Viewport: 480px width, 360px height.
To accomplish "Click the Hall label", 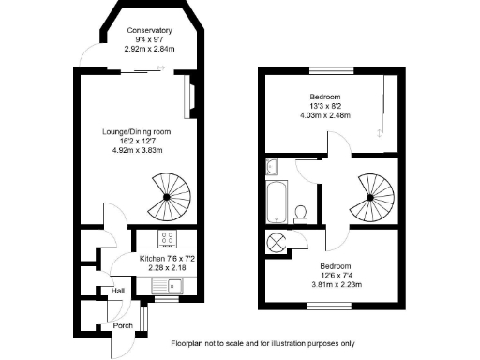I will [118, 292].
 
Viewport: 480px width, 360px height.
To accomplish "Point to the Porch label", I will [123, 325].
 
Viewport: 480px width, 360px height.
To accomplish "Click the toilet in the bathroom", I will [303, 212].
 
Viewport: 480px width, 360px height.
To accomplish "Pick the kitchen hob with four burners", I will [170, 238].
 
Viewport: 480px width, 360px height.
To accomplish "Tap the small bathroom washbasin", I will [271, 168].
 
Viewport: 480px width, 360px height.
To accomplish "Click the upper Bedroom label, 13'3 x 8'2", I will [325, 97].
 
